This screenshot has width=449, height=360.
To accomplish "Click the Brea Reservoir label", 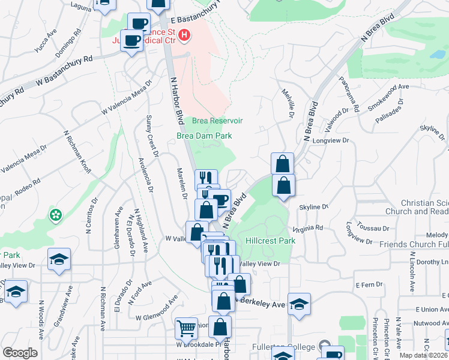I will pyautogui.click(x=217, y=121).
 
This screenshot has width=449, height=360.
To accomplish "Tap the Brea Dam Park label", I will pyautogui.click(x=204, y=136).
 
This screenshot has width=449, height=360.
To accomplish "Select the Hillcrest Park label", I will pyautogui.click(x=271, y=241).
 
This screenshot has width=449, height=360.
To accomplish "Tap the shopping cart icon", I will pyautogui.click(x=186, y=329).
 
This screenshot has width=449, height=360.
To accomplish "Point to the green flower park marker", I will pyautogui.click(x=56, y=214).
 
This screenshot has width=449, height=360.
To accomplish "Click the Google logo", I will pyautogui.click(x=20, y=353).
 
